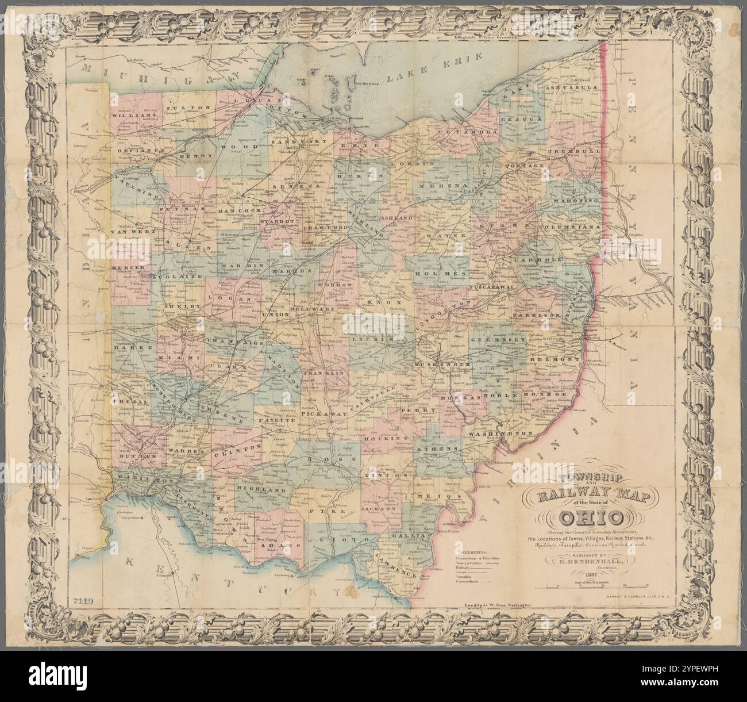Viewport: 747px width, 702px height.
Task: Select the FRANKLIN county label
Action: (x=327, y=373)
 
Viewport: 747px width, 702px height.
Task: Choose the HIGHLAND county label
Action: (x=261, y=490)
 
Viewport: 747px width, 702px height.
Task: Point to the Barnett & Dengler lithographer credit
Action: (x=638, y=615)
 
